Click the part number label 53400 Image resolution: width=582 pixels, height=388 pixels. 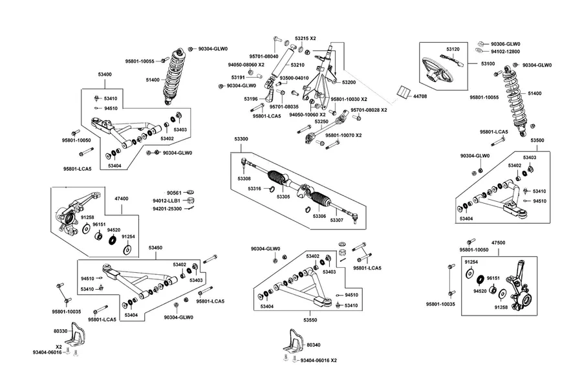[x=105, y=74]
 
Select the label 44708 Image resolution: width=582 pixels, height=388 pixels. [x=420, y=96]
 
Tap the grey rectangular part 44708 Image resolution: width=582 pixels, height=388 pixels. [x=403, y=92]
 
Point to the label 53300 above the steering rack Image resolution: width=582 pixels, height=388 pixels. [x=241, y=139]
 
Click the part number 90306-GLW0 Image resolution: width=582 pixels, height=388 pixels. [x=506, y=44]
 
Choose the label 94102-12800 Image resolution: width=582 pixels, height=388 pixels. [x=505, y=52]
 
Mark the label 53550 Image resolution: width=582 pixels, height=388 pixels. [x=310, y=319]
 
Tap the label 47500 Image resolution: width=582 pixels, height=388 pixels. [x=498, y=243]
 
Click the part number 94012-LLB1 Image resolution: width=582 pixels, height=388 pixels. [x=166, y=201]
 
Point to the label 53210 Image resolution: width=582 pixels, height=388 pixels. [x=297, y=65]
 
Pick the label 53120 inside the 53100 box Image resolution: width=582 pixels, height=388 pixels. [x=453, y=49]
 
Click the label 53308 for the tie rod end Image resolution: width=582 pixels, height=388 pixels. [x=244, y=178]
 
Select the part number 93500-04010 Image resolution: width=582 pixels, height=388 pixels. [x=294, y=78]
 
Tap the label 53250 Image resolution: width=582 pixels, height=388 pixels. [x=321, y=122]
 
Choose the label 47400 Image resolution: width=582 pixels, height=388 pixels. [x=121, y=199]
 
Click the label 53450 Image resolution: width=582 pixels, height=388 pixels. [x=155, y=248]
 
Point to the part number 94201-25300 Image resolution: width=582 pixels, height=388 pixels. [x=167, y=209]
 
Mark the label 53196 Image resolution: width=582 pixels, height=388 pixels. [x=250, y=99]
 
